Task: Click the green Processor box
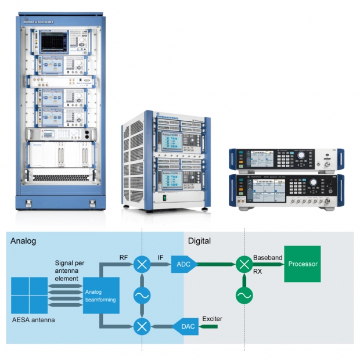coord(302,264)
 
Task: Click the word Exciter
coord(212,318)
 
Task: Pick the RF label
coord(125,257)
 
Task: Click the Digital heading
coord(199,240)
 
